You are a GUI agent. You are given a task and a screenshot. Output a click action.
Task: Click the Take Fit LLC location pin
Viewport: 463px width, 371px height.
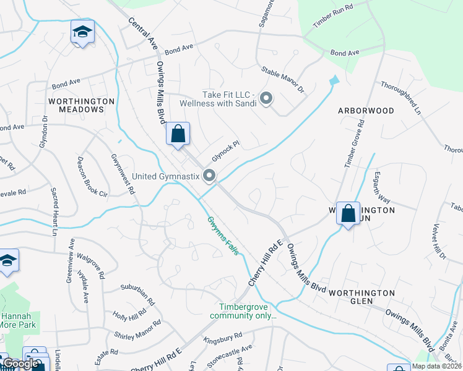coord(267,98)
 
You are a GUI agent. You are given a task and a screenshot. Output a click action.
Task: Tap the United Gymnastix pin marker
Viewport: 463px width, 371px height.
coord(210,177)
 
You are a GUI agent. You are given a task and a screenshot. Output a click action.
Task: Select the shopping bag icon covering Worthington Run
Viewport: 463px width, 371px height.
coord(348,214)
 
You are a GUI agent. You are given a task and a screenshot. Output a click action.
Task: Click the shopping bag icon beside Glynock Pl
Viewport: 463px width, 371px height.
coord(178,134)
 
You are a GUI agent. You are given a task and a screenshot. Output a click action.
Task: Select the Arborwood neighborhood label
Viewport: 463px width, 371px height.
coord(366,111)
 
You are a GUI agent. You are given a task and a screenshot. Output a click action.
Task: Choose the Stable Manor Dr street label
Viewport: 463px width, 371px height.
coord(283,80)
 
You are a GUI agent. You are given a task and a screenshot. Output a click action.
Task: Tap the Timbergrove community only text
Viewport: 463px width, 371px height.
coord(246,311)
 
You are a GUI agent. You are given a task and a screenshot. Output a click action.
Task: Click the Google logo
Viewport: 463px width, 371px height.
coord(21,364)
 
